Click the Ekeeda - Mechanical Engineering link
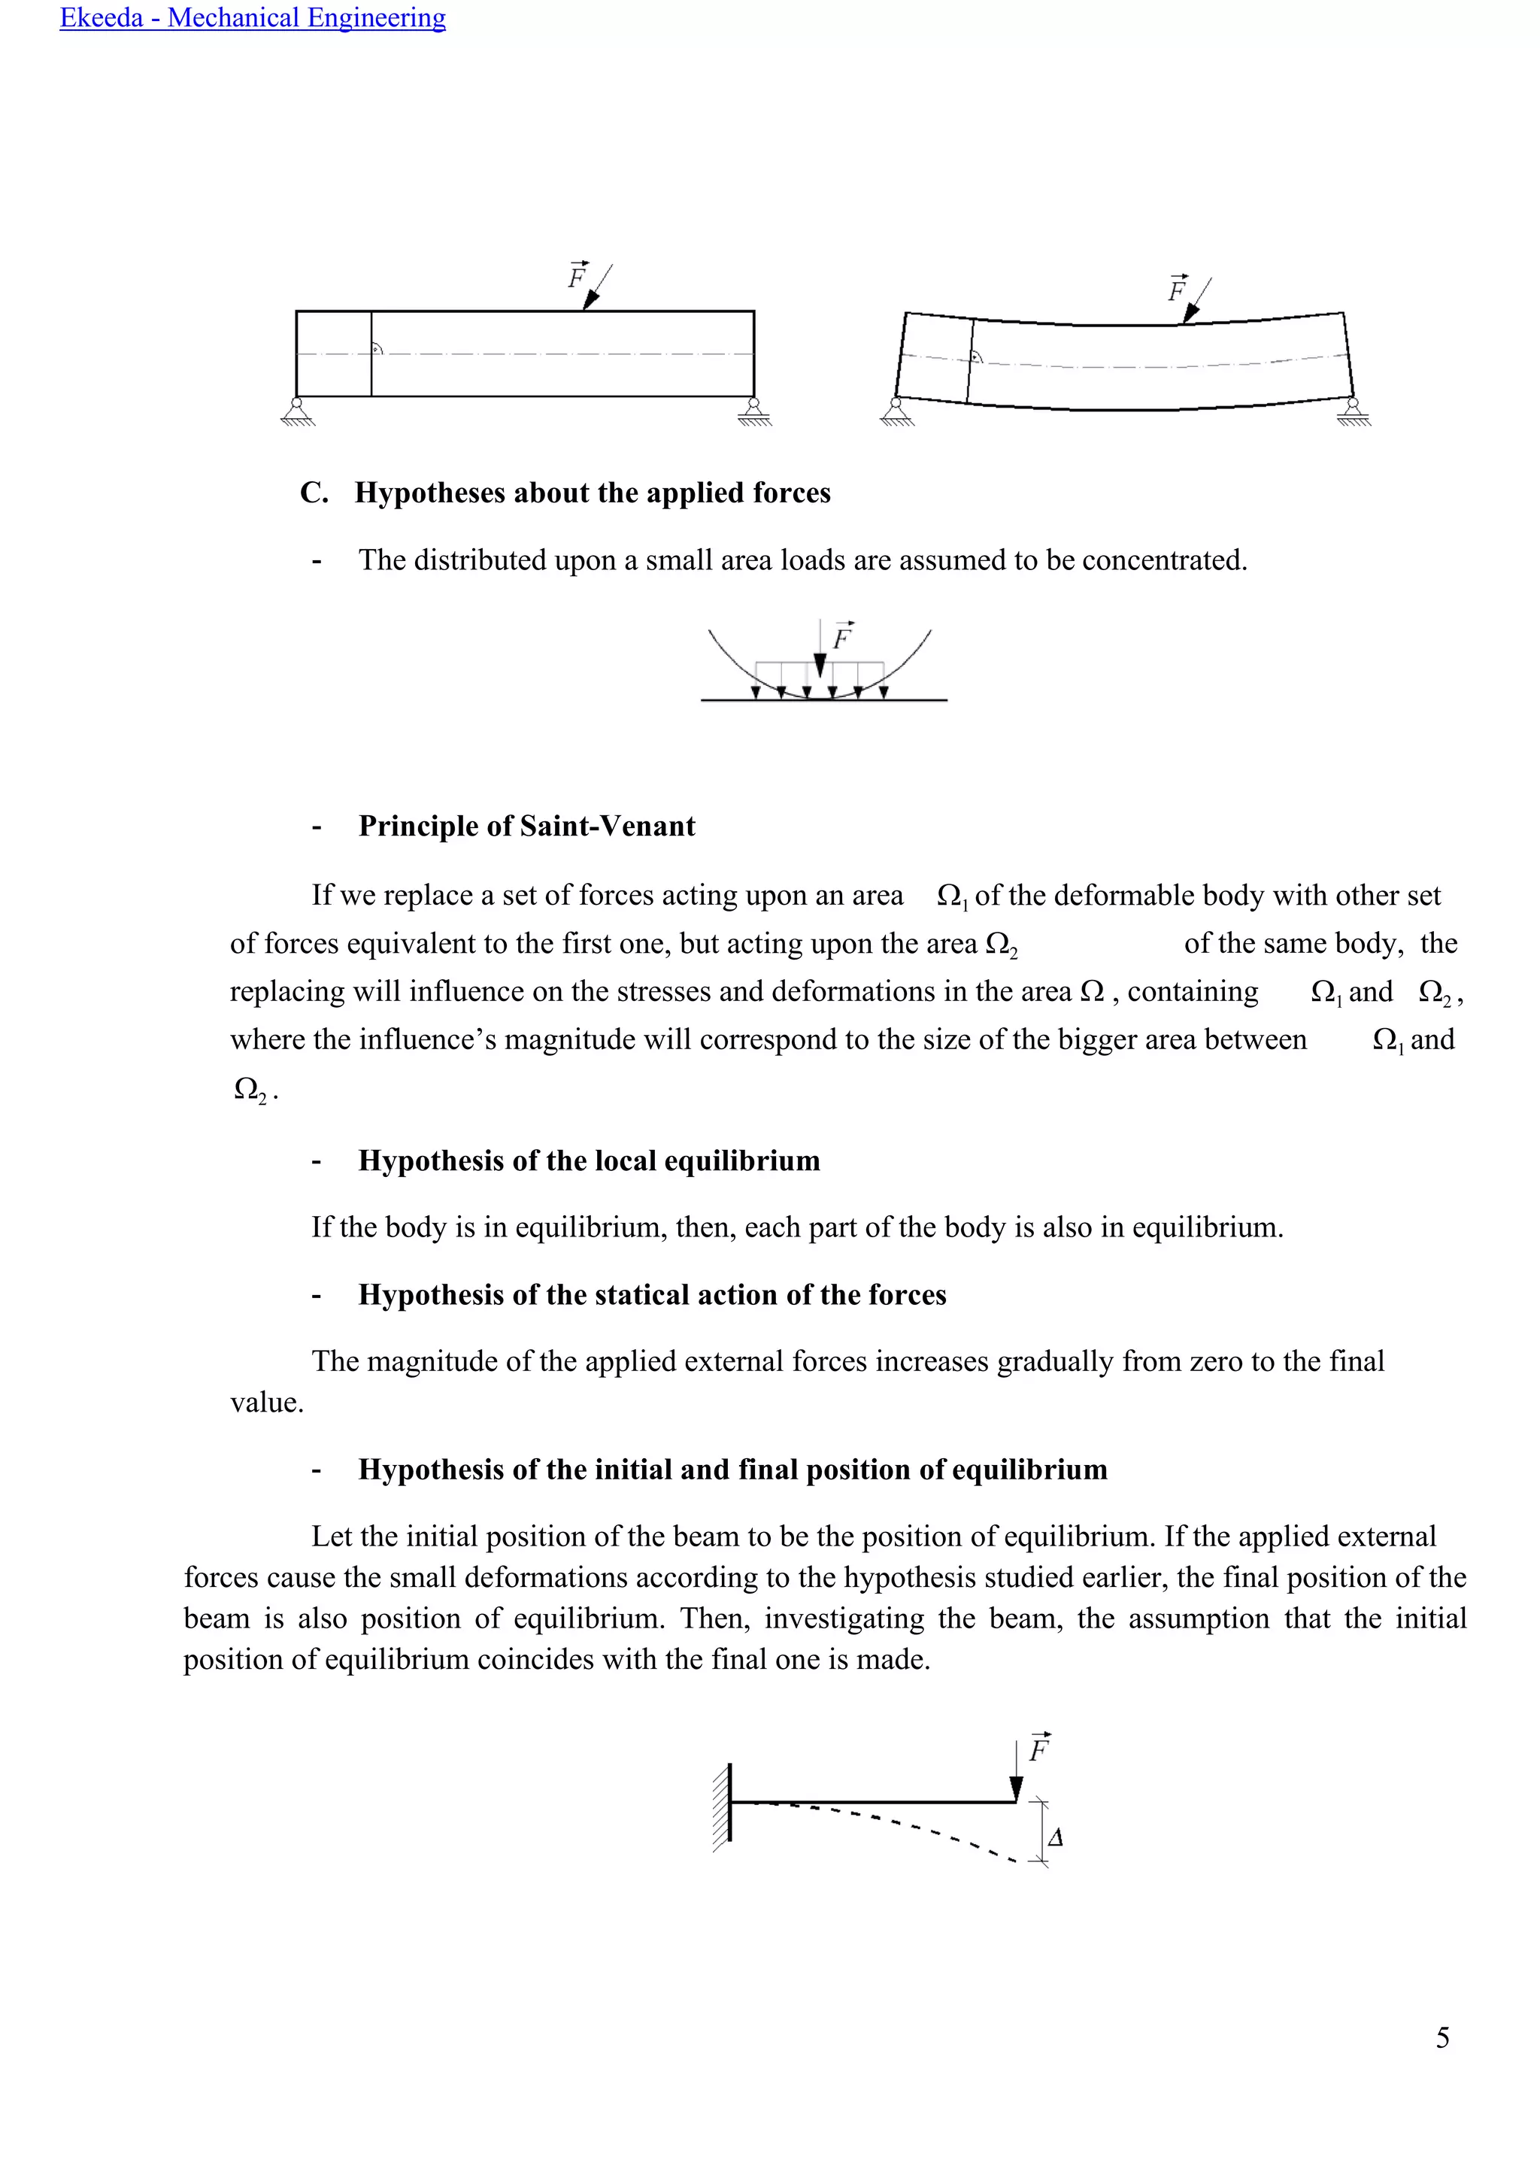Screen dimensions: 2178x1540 252,18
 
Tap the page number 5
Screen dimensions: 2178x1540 1441,2037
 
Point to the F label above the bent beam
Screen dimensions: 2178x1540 1177,290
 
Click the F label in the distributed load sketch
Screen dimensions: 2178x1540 842,638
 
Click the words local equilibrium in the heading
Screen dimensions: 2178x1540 741,1161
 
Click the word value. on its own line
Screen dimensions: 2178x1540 266,1403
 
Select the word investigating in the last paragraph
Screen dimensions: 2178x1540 844,1618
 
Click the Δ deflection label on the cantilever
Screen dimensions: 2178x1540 1056,1837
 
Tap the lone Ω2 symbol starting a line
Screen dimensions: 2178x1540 250,1090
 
